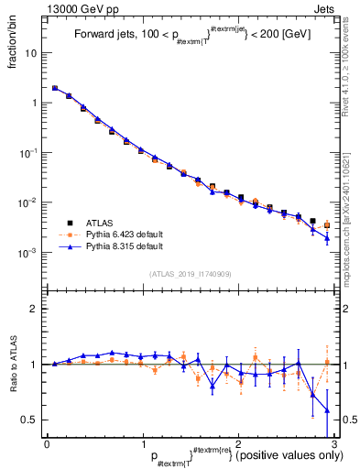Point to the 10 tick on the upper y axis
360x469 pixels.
(33, 53)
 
